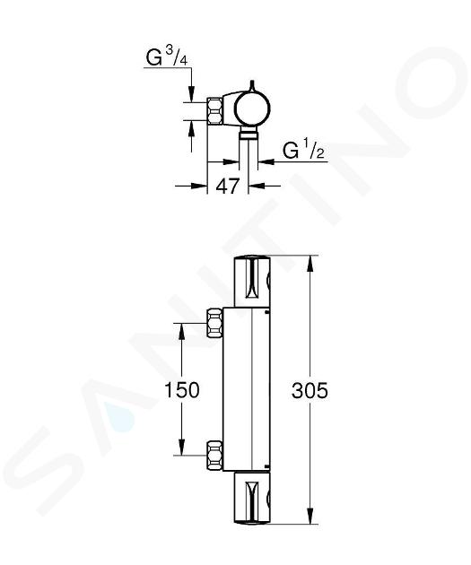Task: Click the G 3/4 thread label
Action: tap(167, 56)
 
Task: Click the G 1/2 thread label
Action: tap(303, 151)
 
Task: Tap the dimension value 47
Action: tap(227, 187)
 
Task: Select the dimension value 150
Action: tap(181, 390)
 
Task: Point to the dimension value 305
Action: tap(310, 390)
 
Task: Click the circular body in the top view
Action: tap(252, 109)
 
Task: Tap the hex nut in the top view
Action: tap(214, 111)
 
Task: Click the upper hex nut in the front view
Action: tap(214, 323)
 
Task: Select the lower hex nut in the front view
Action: tap(214, 455)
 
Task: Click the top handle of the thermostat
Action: tap(252, 282)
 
